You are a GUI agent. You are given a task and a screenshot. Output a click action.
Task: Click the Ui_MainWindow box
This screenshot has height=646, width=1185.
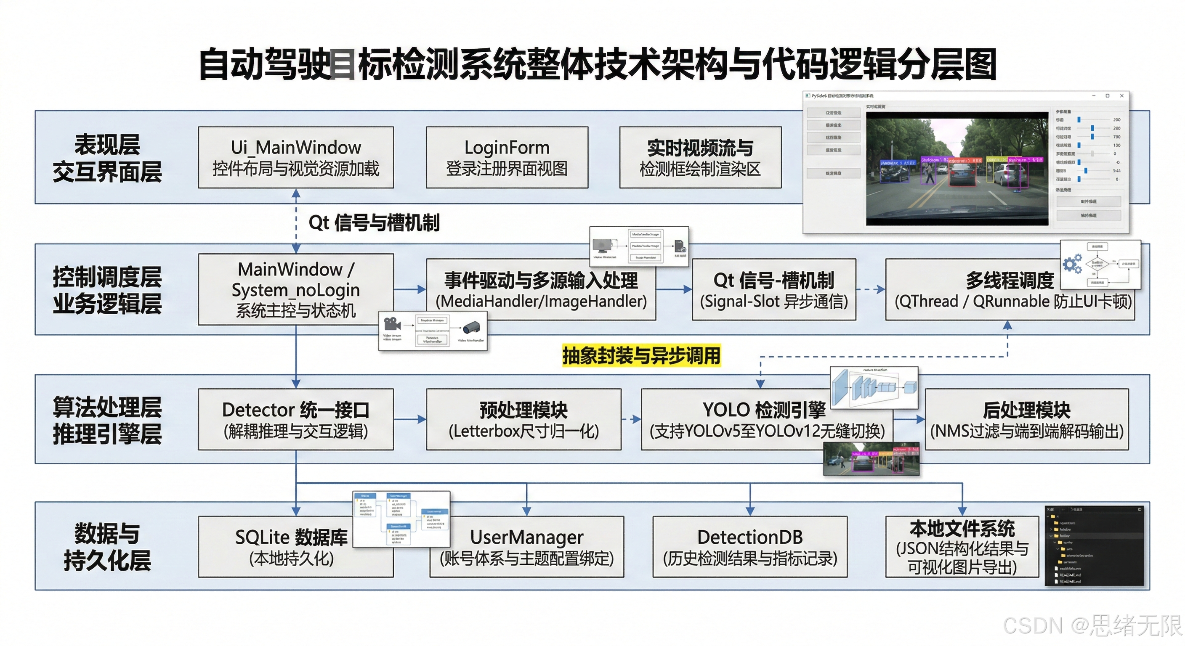click(296, 157)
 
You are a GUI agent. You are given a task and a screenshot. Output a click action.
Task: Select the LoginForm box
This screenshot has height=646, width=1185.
click(507, 157)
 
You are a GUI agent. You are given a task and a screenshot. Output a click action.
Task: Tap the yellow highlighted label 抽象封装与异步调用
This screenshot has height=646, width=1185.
click(641, 355)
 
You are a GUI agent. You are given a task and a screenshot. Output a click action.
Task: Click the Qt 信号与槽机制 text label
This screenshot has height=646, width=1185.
click(374, 223)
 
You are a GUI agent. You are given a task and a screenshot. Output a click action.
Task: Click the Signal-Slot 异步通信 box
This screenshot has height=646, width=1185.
click(774, 290)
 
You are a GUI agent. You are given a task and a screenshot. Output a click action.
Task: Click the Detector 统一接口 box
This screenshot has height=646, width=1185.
click(296, 419)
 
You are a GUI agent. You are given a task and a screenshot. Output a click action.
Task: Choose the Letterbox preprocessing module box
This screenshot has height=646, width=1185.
click(523, 419)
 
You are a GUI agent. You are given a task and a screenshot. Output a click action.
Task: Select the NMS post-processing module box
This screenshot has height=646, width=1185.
click(1027, 419)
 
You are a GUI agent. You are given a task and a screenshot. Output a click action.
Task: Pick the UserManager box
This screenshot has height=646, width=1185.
click(527, 547)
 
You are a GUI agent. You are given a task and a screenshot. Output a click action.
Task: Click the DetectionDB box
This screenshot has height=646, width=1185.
click(750, 547)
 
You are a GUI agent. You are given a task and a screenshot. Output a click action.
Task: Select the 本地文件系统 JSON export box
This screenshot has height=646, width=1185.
click(962, 547)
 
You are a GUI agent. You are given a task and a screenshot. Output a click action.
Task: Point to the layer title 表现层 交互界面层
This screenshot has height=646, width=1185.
click(107, 158)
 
